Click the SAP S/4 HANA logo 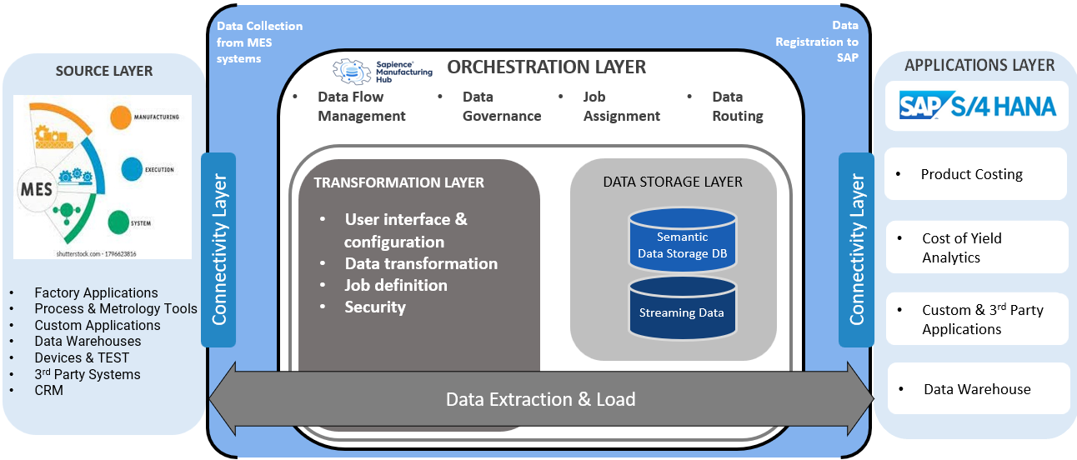976,106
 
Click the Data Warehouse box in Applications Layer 978,389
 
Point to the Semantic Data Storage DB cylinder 683,242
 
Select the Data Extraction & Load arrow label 540,399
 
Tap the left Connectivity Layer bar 219,249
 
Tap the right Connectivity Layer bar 856,249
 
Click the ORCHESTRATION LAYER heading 546,67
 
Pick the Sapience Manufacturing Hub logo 383,69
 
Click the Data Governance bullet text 501,107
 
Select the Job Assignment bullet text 621,107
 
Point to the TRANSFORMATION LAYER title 398,182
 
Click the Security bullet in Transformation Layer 375,307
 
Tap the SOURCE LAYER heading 104,71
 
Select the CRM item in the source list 48,390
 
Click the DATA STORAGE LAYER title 673,181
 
